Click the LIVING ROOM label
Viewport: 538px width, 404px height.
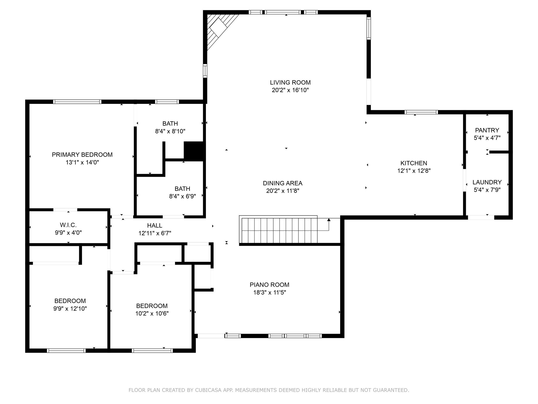(290, 82)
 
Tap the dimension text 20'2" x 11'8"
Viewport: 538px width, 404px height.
(283, 191)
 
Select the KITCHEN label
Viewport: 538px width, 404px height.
(414, 163)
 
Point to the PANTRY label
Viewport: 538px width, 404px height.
(487, 130)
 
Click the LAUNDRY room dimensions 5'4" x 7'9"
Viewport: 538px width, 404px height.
(487, 190)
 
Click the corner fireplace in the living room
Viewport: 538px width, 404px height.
(218, 28)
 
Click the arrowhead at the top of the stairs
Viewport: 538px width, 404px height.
(329, 220)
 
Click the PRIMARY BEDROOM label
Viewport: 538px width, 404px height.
(82, 155)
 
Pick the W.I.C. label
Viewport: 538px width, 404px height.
(68, 225)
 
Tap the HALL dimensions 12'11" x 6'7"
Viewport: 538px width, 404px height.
(155, 233)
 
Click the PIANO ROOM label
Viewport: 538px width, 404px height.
(269, 285)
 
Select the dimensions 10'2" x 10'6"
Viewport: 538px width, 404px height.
(152, 314)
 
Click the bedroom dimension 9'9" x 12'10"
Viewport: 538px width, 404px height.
(70, 309)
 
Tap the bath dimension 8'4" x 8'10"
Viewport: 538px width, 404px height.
(170, 131)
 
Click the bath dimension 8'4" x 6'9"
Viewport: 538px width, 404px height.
(182, 196)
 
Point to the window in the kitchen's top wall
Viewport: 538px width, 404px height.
(421, 112)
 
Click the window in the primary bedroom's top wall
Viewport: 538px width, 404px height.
(77, 102)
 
